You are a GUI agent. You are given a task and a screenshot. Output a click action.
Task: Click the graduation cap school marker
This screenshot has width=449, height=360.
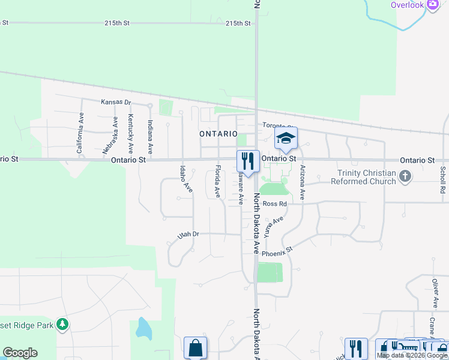[286, 139]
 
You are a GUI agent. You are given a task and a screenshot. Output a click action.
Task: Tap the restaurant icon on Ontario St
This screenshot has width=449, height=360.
[248, 161]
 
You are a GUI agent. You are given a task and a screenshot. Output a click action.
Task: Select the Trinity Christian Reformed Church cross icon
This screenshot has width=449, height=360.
[406, 176]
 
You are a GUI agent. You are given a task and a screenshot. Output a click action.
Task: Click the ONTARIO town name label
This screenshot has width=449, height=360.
[218, 134]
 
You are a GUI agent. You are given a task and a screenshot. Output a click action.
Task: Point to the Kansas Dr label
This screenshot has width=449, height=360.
[115, 102]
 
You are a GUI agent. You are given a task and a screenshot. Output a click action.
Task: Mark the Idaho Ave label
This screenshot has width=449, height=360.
[185, 179]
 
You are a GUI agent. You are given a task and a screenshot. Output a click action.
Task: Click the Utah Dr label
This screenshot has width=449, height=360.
[188, 235]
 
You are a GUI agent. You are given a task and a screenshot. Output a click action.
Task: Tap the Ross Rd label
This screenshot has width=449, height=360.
[274, 204]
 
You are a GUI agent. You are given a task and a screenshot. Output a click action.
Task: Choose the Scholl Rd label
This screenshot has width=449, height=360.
[442, 179]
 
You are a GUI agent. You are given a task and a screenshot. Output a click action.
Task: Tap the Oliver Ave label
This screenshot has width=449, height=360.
[435, 293]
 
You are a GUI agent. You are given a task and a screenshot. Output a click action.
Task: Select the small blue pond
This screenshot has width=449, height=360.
[143, 328]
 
